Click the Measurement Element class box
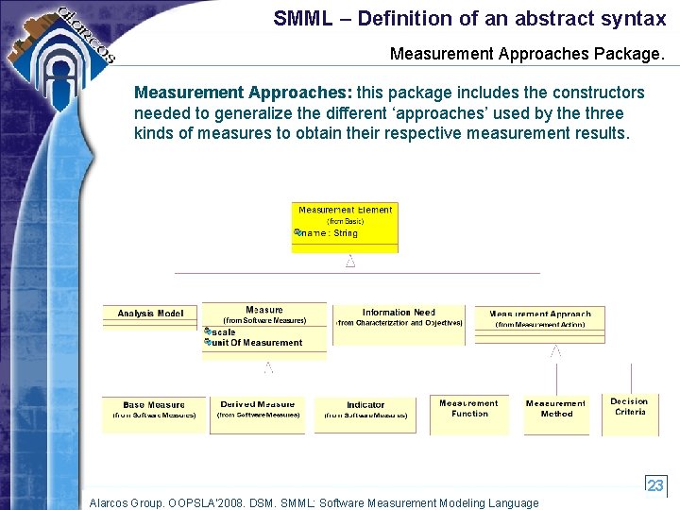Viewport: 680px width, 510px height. tap(345, 227)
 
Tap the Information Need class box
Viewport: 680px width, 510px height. tap(399, 324)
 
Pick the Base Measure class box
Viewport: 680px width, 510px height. tap(154, 413)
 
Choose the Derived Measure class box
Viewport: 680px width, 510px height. tap(257, 414)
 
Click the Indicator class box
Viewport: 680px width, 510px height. tap(365, 414)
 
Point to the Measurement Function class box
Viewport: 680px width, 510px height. tap(469, 414)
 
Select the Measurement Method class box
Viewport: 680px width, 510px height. tap(555, 414)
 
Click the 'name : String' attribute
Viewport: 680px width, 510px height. tap(329, 233)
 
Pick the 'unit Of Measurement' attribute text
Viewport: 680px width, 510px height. tap(256, 343)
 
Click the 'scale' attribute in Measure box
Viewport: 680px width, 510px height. tap(224, 332)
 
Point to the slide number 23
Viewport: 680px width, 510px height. tap(655, 486)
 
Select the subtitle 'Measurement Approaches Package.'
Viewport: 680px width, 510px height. tap(527, 55)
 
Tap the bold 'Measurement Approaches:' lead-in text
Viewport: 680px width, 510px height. tap(243, 93)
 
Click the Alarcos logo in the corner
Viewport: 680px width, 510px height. tap(71, 42)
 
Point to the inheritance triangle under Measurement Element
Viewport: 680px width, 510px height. tap(350, 262)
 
